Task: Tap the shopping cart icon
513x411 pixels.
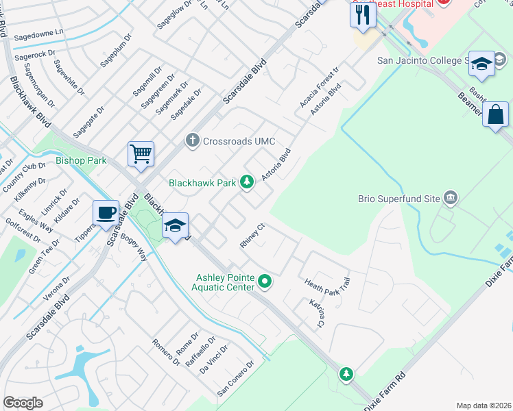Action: tap(141, 154)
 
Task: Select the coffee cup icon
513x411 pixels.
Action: tap(106, 213)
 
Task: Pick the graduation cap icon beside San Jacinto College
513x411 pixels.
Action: tap(481, 64)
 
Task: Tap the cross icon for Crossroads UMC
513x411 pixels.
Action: tap(193, 141)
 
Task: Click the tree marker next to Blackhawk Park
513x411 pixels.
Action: tap(247, 182)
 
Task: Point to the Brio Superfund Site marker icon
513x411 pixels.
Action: tap(451, 199)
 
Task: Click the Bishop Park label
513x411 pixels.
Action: tap(76, 162)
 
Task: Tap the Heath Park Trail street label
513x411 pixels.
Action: tap(327, 282)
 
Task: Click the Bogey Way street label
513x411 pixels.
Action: tap(133, 247)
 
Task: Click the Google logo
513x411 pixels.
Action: tap(23, 402)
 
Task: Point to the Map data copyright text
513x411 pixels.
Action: tap(483, 405)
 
